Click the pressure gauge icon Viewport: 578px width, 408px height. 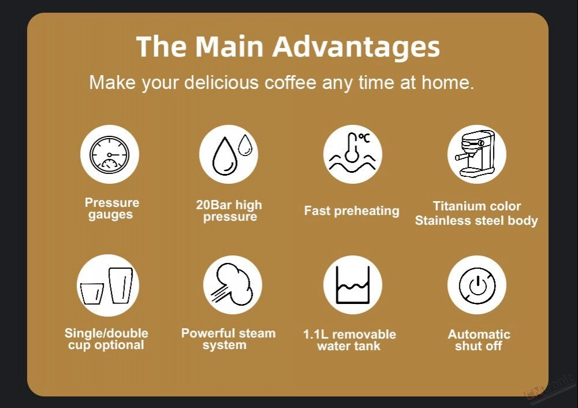click(x=109, y=154)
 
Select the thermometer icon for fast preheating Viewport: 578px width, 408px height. click(x=353, y=153)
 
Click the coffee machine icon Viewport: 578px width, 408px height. click(x=476, y=153)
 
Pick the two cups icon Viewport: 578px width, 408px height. click(x=107, y=285)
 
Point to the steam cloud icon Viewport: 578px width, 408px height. click(x=232, y=284)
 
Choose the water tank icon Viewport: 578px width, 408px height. click(x=353, y=285)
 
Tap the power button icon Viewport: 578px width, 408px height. click(x=477, y=285)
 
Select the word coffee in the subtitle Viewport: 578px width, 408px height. click(x=290, y=82)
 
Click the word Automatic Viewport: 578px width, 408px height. click(x=479, y=334)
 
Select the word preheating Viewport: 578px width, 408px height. click(x=366, y=211)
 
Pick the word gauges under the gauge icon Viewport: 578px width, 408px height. click(x=110, y=215)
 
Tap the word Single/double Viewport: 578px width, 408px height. click(x=106, y=333)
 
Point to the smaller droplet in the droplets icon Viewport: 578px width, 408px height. click(x=245, y=144)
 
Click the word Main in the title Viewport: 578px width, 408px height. click(x=229, y=47)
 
